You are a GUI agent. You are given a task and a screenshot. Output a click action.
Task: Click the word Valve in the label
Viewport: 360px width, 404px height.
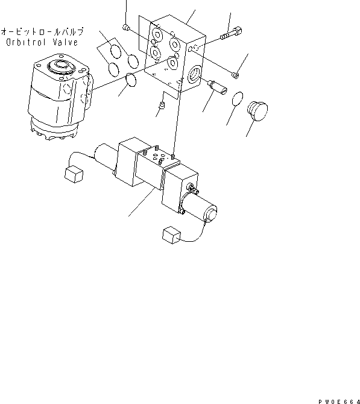(x=65, y=42)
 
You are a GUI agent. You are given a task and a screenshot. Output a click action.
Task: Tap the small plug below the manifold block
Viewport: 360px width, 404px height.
(x=161, y=108)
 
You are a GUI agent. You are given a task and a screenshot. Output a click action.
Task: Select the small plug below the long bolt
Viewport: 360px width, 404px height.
(x=236, y=75)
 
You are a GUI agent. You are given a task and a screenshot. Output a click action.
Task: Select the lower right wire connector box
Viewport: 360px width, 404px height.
(x=169, y=235)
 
